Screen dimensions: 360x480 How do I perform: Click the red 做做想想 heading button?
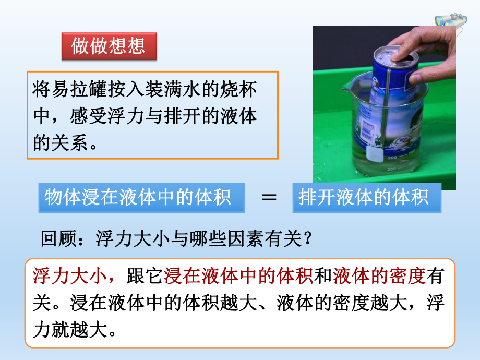109,46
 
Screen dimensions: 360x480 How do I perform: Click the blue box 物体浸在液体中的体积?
141,198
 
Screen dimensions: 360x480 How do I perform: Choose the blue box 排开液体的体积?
366,198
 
